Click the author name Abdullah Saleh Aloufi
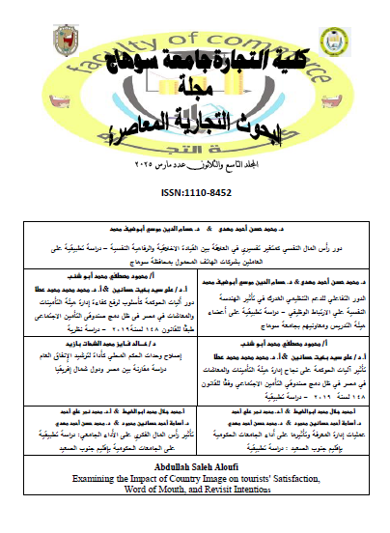(x=194, y=491)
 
